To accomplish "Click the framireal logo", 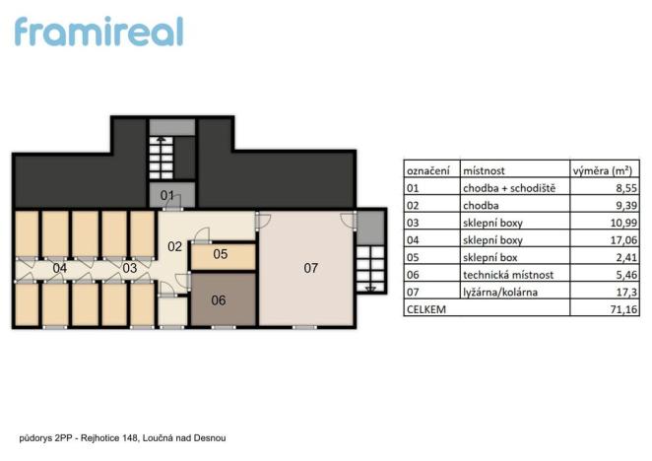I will pyautogui.click(x=98, y=31).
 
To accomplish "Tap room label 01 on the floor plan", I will pyautogui.click(x=167, y=195).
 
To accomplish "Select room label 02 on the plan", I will pyautogui.click(x=174, y=246).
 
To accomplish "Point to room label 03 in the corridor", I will pyautogui.click(x=129, y=267).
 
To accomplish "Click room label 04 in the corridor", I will pyautogui.click(x=60, y=267).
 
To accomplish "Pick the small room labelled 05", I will pyautogui.click(x=221, y=255).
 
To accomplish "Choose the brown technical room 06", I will pyautogui.click(x=220, y=300).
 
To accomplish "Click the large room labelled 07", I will pyautogui.click(x=311, y=267).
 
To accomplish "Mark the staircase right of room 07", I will pyautogui.click(x=371, y=267).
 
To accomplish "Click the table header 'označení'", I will pyautogui.click(x=428, y=169).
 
